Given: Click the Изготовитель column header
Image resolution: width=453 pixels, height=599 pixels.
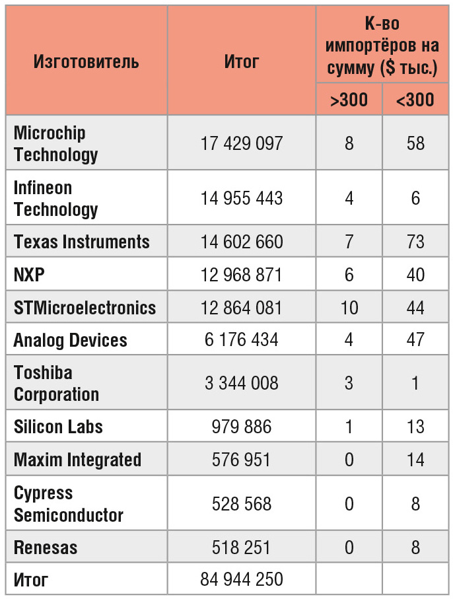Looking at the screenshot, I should (x=87, y=62).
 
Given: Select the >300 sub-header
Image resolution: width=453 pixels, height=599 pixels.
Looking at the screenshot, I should (x=349, y=100).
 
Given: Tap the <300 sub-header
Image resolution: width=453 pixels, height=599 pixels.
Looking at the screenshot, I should (x=415, y=100).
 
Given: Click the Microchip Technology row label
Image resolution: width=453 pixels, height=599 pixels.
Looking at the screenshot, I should (x=56, y=143).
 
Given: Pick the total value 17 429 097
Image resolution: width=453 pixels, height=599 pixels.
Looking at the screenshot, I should (x=242, y=143).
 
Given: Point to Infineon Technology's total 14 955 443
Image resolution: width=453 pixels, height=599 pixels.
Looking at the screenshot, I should (x=242, y=198).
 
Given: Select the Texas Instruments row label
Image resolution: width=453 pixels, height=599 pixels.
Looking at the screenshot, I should (x=82, y=242).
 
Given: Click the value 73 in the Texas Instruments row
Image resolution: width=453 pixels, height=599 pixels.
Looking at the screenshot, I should (x=415, y=242).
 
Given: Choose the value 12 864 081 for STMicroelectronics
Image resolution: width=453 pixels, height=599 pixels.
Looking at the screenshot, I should (x=242, y=308).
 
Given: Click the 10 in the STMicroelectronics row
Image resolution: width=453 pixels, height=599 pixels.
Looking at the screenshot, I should (x=349, y=308).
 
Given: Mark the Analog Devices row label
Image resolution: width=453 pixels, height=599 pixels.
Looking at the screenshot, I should (x=71, y=341).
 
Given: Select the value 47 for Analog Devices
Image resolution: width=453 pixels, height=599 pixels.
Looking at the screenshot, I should (x=415, y=341).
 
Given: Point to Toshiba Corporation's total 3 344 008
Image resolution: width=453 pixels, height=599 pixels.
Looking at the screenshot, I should (x=242, y=383).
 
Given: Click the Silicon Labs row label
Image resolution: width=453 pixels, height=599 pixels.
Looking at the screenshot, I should (x=58, y=427).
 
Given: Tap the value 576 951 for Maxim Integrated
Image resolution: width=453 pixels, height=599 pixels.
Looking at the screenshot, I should (x=242, y=460).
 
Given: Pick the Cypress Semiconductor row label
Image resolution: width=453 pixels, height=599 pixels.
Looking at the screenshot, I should (x=69, y=504).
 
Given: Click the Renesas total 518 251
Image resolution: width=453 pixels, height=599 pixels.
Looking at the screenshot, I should (x=242, y=547).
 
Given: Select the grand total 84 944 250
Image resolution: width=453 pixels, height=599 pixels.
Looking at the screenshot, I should (x=242, y=580).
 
